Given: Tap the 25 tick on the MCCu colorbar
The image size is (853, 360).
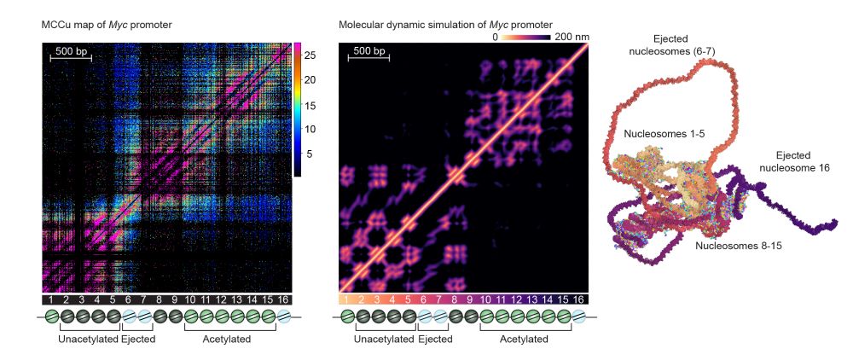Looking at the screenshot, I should pos(310,55).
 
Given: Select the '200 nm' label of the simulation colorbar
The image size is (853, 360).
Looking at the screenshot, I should pos(572,37).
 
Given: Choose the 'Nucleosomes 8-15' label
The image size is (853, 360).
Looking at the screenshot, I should pos(738,246).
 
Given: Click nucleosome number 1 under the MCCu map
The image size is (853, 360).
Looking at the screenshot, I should pos(50,299).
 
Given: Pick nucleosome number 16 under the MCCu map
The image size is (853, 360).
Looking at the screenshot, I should pos(283,299).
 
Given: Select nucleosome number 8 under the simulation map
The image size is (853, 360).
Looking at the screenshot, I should pos(455,299).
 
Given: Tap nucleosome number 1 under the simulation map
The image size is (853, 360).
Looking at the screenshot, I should pos(347,299).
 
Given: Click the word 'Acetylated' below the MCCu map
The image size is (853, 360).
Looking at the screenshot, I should pos(228,338).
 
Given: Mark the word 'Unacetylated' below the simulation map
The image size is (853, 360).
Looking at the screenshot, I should pos(384,338).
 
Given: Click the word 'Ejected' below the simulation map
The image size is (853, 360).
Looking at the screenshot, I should pos(434,338).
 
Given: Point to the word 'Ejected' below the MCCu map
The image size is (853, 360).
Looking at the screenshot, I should pos(136,338).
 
